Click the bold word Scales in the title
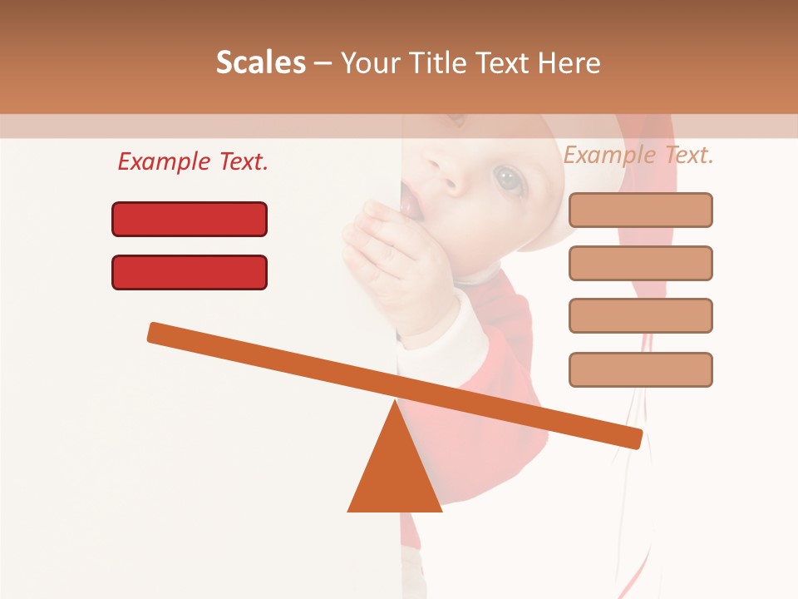[260, 63]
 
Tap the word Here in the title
[569, 63]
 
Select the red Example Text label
[193, 161]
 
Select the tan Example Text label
[638, 155]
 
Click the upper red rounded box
[190, 220]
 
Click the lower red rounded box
[190, 273]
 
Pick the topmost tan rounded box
[640, 210]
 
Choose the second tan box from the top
[640, 264]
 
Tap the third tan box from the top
[640, 316]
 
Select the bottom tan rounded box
[640, 370]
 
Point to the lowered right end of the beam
[633, 438]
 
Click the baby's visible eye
[507, 177]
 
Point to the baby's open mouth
[410, 202]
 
